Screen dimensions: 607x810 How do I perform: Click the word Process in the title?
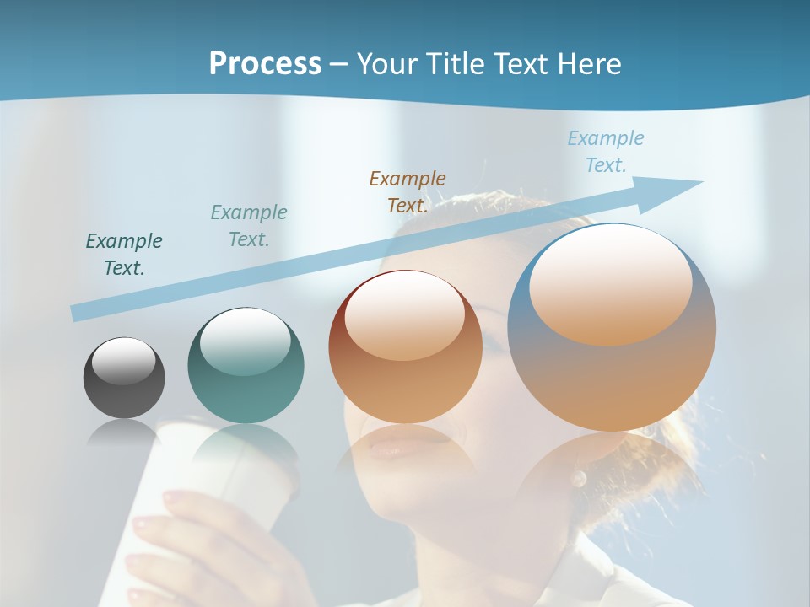click(x=265, y=63)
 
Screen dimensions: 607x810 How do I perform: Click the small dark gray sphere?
click(x=124, y=378)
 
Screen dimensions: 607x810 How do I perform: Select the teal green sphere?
click(x=246, y=366)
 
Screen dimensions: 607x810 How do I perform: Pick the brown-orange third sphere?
click(x=405, y=347)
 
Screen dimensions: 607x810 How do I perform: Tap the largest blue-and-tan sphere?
click(x=612, y=327)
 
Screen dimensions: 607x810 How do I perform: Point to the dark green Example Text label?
click(x=124, y=254)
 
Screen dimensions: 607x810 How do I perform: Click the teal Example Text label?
click(x=249, y=225)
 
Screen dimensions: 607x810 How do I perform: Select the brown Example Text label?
click(x=408, y=191)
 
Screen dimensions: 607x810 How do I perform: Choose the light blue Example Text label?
click(x=606, y=151)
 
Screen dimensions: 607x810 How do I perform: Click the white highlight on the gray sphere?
click(x=124, y=361)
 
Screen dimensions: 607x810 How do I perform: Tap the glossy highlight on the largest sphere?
click(x=610, y=285)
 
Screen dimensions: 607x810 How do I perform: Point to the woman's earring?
click(x=579, y=480)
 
